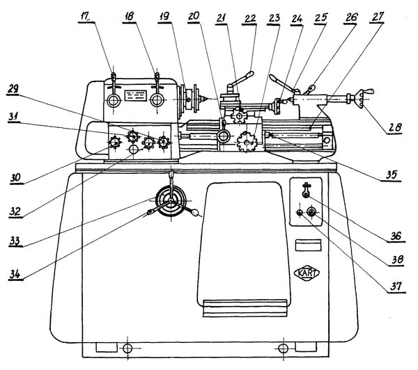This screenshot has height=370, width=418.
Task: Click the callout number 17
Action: point(85,17)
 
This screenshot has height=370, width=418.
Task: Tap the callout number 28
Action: point(395,127)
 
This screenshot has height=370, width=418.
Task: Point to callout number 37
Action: point(396,287)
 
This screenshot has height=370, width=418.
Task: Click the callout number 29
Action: point(13,89)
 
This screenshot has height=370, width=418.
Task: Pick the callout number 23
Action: point(274,18)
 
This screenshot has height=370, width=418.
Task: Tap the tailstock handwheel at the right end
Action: point(360,99)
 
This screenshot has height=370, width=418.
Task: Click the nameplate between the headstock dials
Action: point(136,95)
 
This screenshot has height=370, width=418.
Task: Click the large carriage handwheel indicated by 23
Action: point(247,142)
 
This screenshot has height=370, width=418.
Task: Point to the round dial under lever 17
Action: point(114,101)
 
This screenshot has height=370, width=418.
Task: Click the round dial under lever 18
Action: point(157,100)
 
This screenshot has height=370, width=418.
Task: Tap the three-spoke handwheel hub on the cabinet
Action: point(171,201)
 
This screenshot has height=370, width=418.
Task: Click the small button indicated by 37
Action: point(300,212)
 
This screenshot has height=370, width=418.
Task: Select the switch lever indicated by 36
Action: point(306,190)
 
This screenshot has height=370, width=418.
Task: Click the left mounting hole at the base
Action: point(127,348)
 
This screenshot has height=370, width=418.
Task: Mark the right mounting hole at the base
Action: point(283,348)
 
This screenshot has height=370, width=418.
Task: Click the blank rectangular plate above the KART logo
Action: point(308,245)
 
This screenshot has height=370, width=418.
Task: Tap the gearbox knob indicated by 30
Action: point(115,143)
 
